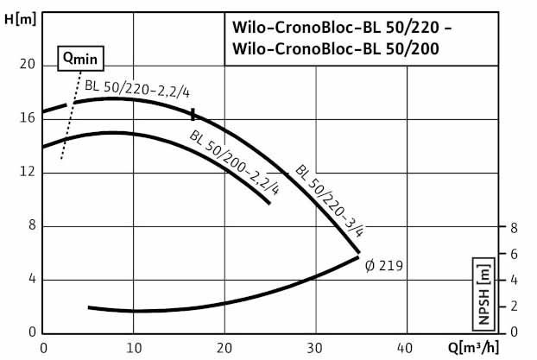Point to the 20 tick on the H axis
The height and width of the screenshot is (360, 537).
[27, 65]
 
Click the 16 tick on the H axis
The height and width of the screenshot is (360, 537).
[27, 118]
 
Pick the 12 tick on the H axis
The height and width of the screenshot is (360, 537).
[27, 172]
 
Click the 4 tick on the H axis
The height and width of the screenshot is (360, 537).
[30, 279]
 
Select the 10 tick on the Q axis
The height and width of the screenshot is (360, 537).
[133, 348]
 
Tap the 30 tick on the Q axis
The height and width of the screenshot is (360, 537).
[316, 348]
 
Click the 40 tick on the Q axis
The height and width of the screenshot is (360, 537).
[407, 348]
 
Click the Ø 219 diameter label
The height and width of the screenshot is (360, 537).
[384, 265]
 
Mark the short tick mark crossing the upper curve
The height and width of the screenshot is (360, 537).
[193, 114]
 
